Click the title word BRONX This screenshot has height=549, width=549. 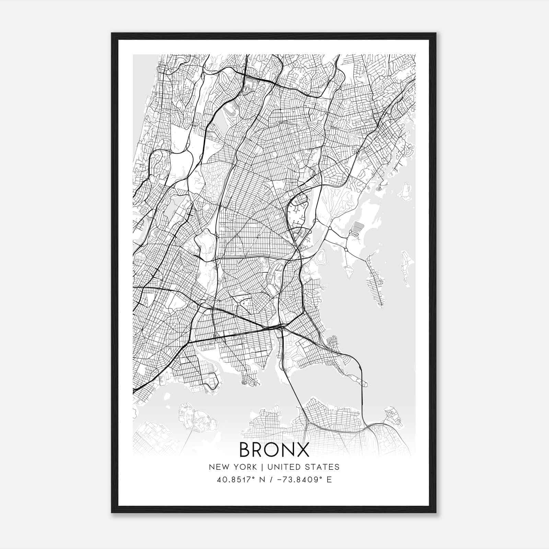pos(274,449)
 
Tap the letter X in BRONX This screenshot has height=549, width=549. pos(302,449)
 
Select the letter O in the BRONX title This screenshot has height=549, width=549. pos(273,449)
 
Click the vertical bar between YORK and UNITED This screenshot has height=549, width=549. pos(262,467)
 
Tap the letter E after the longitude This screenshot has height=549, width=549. pos(329,480)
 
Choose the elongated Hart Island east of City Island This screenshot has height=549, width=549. pos(407,268)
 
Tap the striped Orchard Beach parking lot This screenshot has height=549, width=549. pos(358,227)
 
